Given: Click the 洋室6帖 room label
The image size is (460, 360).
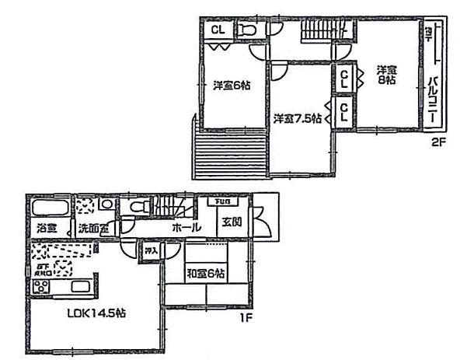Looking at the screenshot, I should click(x=232, y=86).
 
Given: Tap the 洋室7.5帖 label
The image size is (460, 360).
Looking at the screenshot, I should click(x=297, y=118).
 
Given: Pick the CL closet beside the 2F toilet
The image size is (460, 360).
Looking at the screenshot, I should click(x=217, y=30).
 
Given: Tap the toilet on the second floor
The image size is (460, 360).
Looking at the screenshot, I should click(x=247, y=30).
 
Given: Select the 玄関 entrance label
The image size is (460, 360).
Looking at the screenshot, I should click(x=232, y=223).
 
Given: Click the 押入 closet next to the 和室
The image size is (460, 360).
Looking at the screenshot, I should click(x=151, y=250).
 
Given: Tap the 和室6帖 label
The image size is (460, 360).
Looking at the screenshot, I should click(x=206, y=274).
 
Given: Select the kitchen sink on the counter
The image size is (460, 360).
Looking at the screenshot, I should click(x=80, y=287).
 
